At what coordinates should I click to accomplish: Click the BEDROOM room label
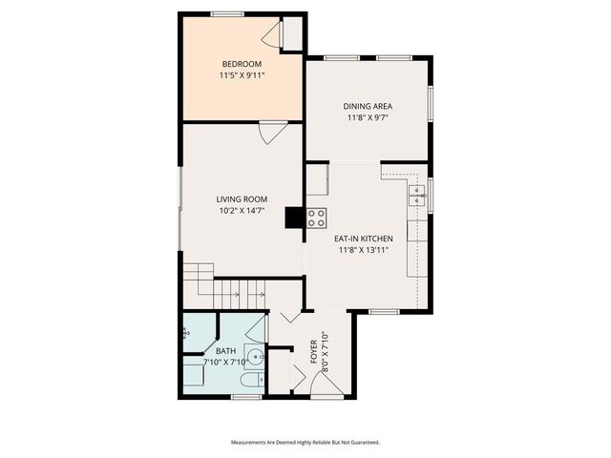(242, 65)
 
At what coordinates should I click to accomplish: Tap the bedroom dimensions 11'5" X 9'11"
(242, 76)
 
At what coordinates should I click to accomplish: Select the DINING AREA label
(369, 106)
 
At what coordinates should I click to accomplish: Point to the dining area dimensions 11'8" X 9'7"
(369, 118)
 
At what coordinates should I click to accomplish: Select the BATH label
(225, 351)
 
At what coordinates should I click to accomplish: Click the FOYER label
(314, 352)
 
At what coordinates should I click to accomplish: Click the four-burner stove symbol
(316, 218)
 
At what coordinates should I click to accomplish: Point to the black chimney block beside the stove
(295, 218)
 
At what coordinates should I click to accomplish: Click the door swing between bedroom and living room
(270, 132)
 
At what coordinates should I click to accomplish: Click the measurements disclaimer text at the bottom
(305, 443)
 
